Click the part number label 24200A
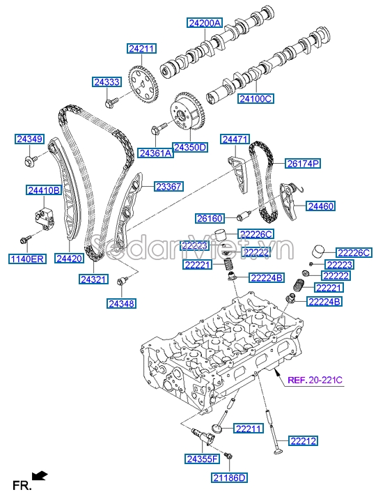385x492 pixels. coord(204,24)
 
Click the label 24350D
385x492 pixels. coord(190,148)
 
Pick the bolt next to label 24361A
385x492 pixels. coord(157,129)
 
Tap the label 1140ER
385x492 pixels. coord(27,259)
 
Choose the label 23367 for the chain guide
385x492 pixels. coord(168,187)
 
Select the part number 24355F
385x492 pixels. coord(202,458)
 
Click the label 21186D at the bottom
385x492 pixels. coord(230,477)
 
